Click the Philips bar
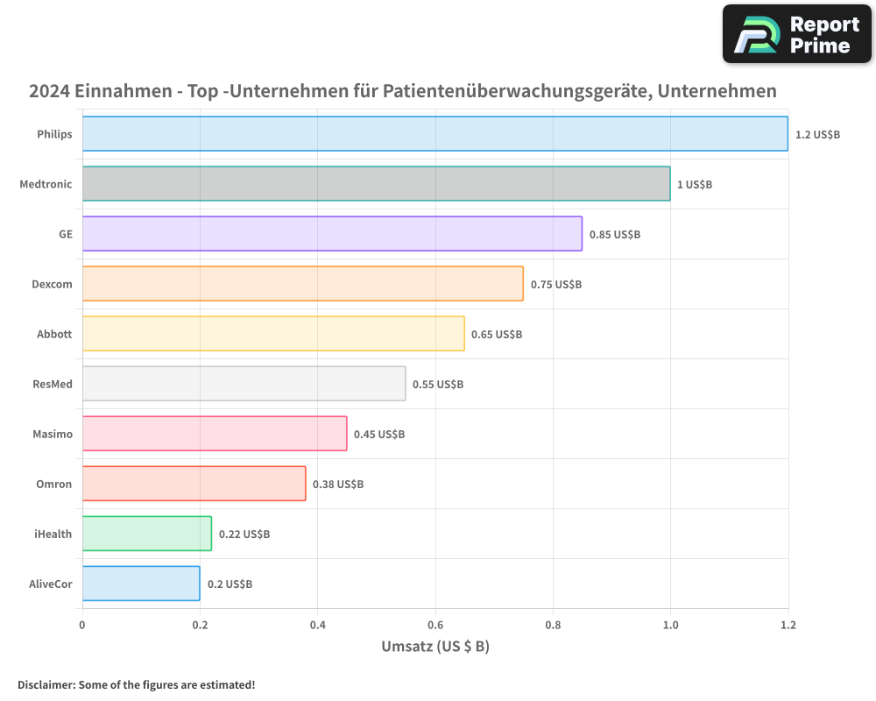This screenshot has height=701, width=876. [435, 134]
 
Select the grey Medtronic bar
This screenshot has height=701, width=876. [377, 184]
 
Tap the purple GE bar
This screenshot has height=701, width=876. [333, 234]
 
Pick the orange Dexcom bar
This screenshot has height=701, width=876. [303, 284]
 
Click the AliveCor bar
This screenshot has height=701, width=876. [141, 584]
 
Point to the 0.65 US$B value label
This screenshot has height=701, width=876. [497, 334]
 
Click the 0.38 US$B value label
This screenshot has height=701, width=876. [338, 484]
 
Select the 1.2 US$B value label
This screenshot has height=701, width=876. [817, 134]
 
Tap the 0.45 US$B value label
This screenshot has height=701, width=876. [379, 434]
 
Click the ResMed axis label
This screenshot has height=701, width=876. [52, 384]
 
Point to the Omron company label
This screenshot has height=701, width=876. [54, 484]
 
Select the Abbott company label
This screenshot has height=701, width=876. [54, 334]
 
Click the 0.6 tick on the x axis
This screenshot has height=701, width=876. [435, 625]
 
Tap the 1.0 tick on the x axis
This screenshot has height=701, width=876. [670, 625]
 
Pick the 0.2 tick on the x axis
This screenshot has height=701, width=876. [200, 625]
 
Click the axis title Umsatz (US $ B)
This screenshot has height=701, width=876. [435, 647]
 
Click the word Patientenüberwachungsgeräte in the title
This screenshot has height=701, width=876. [518, 91]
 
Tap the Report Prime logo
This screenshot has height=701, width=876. [797, 33]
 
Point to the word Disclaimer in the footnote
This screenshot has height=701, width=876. [45, 684]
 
